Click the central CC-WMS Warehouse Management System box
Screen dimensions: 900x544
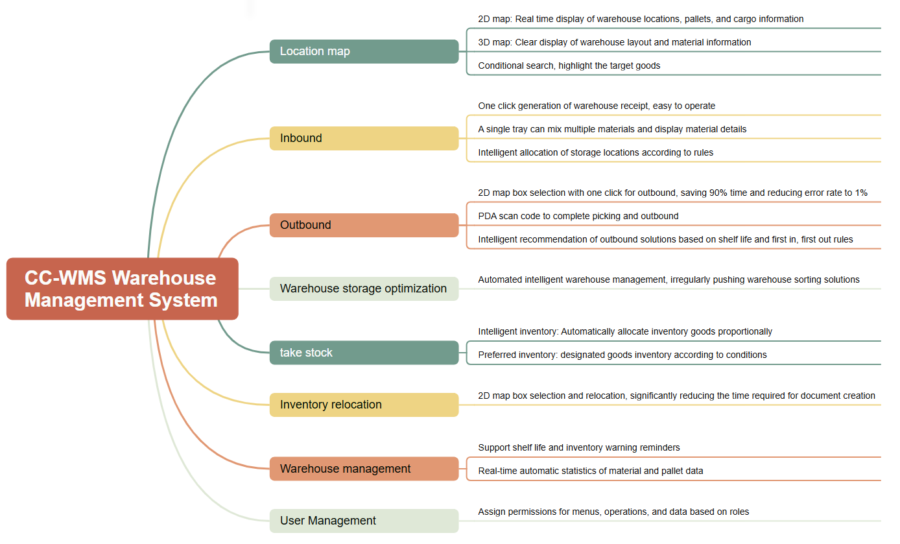pyautogui.click(x=123, y=289)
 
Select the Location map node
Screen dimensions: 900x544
pyautogui.click(x=364, y=51)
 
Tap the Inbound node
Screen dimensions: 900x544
pyautogui.click(x=364, y=138)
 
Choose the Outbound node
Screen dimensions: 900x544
pyautogui.click(x=364, y=225)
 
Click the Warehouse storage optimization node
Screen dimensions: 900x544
pyautogui.click(x=364, y=289)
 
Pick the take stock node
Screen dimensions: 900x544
pyautogui.click(x=364, y=352)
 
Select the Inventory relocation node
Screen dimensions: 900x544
pyautogui.click(x=364, y=405)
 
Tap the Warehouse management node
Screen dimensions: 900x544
pyautogui.click(x=364, y=469)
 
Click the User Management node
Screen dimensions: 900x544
pyautogui.click(x=364, y=521)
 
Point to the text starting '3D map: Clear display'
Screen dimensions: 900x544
pyautogui.click(x=614, y=42)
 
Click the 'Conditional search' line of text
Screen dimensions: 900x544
pyautogui.click(x=569, y=65)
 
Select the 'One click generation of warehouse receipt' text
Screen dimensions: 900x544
pyautogui.click(x=597, y=106)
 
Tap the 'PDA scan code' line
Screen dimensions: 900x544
pyautogui.click(x=578, y=216)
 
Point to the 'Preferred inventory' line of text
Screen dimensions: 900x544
pyautogui.click(x=622, y=355)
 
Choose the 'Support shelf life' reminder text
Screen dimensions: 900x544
pyautogui.click(x=579, y=447)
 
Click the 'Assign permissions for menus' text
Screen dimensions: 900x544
pyautogui.click(x=613, y=512)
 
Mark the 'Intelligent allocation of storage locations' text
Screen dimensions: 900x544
pyautogui.click(x=595, y=152)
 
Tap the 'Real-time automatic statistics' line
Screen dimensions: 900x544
pyautogui.click(x=591, y=471)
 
